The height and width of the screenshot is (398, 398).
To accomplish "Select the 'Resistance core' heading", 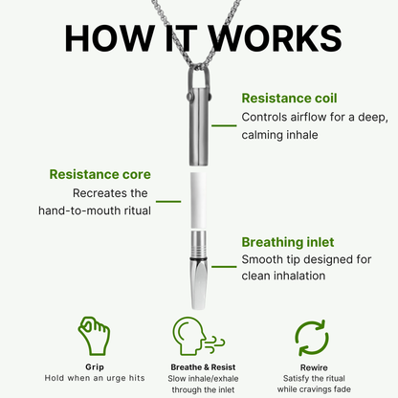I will click(99, 175).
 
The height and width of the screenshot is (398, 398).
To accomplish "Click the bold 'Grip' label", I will click(93, 365).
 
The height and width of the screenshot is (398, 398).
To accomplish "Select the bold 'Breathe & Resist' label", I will click(198, 365).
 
